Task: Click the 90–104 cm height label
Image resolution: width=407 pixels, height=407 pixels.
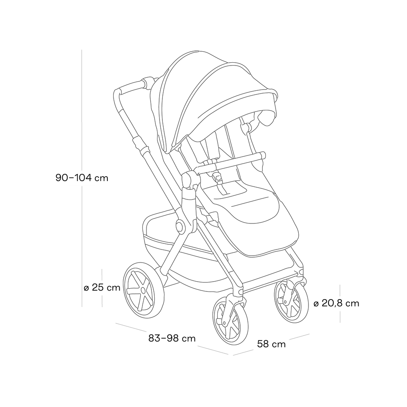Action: tap(82, 178)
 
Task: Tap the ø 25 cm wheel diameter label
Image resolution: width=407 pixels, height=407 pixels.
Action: tap(102, 288)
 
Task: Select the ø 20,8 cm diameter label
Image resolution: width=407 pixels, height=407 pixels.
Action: tap(337, 303)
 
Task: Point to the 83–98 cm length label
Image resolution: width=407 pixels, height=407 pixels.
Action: tap(172, 338)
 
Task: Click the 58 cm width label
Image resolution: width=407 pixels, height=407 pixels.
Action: tap(271, 344)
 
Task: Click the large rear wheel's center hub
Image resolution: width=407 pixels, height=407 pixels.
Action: tap(142, 290)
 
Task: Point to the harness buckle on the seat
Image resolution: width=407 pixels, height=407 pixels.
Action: tap(217, 177)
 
